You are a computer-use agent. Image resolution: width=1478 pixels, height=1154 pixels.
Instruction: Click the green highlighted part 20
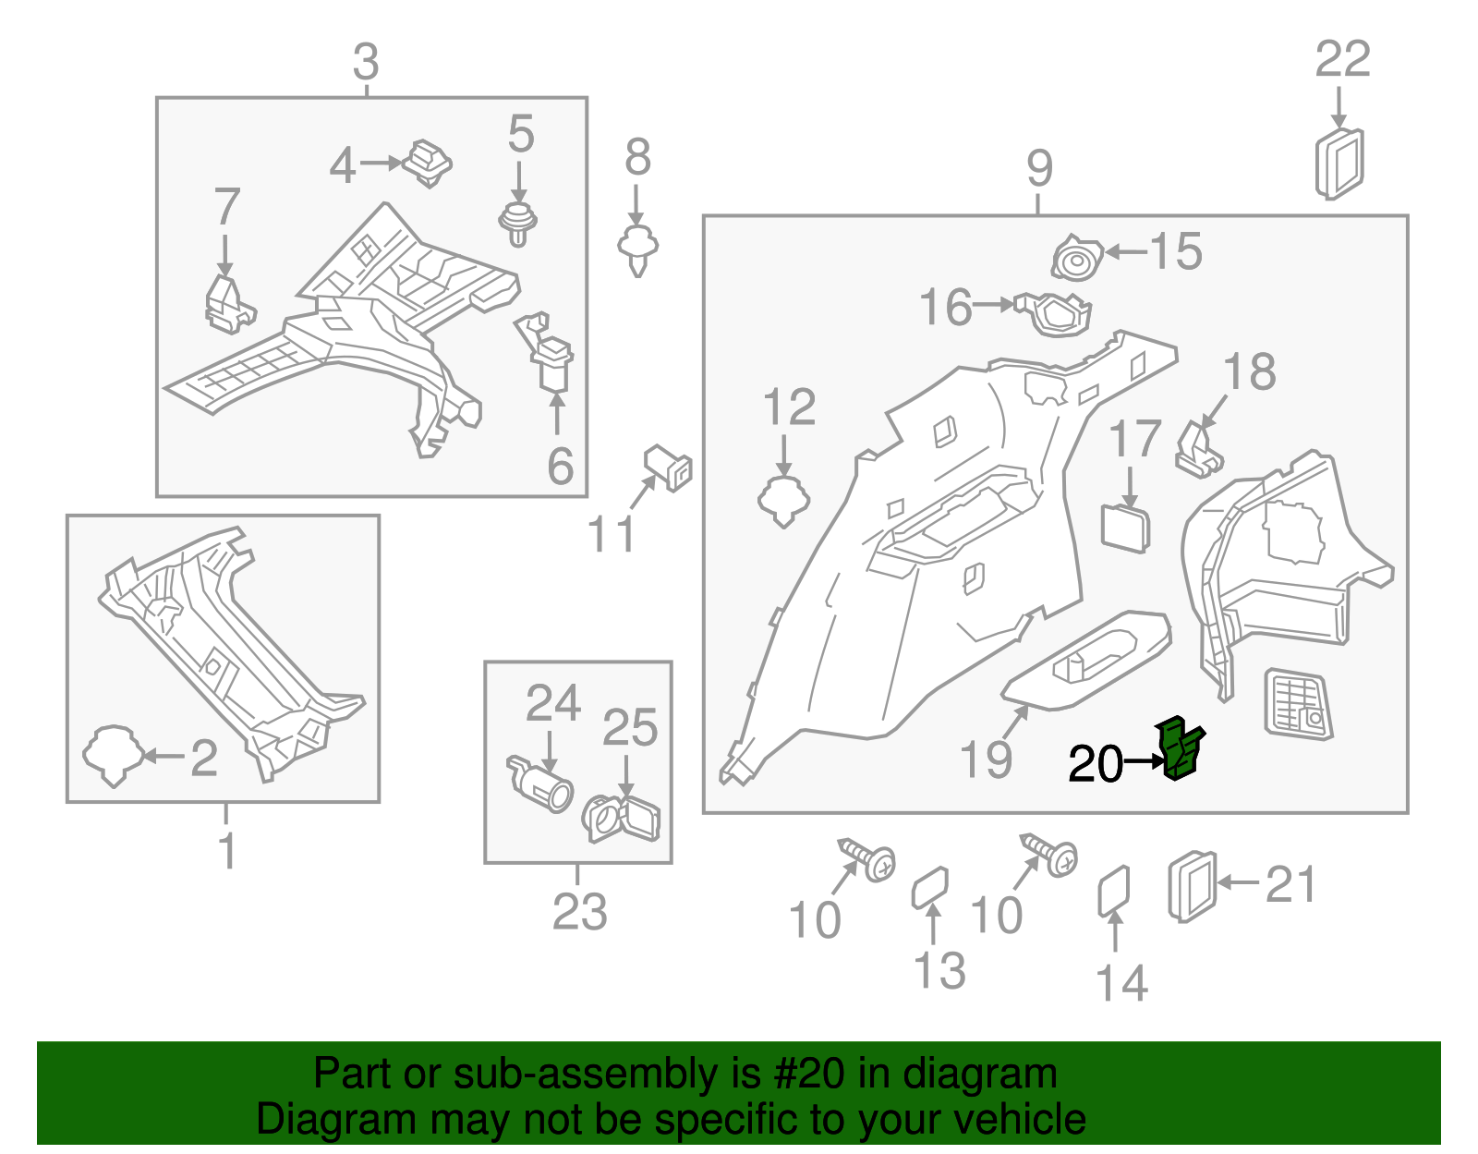[x=1181, y=748]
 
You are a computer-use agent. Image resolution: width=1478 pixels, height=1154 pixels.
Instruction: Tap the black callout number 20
[x=1095, y=764]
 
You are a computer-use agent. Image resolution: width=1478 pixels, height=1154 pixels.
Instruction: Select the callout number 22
[x=1341, y=60]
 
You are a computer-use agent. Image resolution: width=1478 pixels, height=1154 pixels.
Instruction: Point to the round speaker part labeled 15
[x=1077, y=259]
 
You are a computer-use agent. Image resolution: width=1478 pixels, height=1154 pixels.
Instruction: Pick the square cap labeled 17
[x=1126, y=528]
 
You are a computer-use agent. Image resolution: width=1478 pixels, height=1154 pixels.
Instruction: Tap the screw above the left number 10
[x=868, y=858]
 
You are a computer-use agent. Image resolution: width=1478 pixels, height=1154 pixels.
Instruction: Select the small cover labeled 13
[x=930, y=888]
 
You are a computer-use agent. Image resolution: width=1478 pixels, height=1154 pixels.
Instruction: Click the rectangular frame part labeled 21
[x=1193, y=885]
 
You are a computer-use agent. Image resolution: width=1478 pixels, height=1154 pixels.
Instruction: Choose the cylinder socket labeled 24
[x=541, y=785]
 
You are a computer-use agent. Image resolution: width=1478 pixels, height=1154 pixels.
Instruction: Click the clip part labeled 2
[x=113, y=755]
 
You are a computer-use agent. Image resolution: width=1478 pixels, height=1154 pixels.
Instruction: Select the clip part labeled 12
[x=783, y=501]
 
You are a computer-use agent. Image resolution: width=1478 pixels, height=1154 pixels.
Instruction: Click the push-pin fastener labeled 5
[x=519, y=222]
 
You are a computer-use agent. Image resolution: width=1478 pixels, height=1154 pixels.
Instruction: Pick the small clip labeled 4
[x=428, y=163]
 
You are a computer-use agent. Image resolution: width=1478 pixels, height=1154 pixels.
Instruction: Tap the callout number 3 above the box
[x=366, y=62]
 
